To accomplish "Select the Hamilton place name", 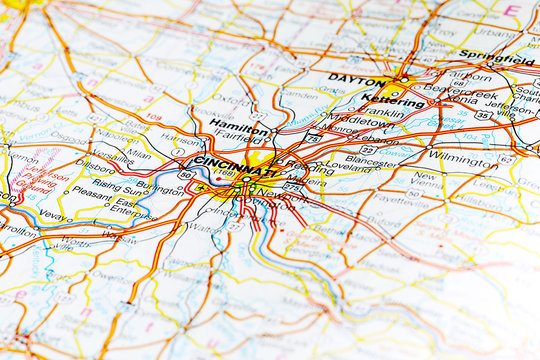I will pyautogui.click(x=239, y=125).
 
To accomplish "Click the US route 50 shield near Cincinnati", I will pyautogui.click(x=186, y=174).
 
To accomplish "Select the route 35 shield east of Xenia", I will pyautogui.click(x=483, y=115).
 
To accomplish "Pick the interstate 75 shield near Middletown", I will pyautogui.click(x=314, y=137).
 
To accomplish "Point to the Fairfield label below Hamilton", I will pyautogui.click(x=239, y=139).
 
